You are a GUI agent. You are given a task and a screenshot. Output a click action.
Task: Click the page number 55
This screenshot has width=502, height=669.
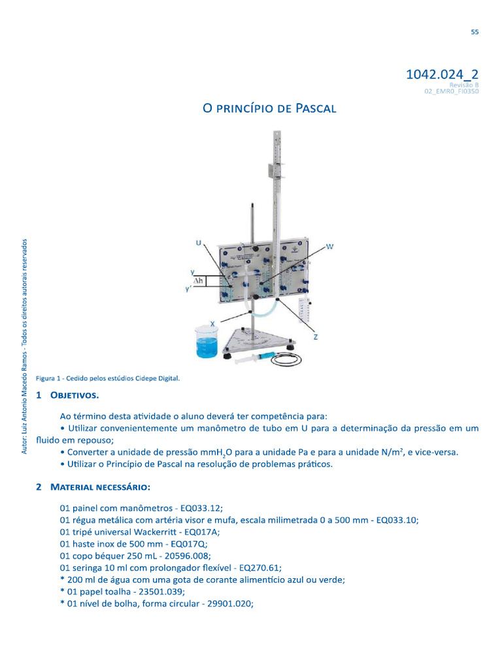click(x=475, y=33)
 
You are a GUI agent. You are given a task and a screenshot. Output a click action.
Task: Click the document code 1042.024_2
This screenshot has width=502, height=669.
click(x=443, y=74)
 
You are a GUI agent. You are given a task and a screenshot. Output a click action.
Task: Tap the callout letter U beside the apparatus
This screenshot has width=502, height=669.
click(x=198, y=242)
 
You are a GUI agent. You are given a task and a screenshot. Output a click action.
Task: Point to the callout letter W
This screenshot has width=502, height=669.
click(x=330, y=247)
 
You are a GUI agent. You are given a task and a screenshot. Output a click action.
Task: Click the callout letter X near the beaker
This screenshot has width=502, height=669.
click(x=213, y=323)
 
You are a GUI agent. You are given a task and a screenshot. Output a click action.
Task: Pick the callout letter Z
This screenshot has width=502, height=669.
click(x=316, y=336)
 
